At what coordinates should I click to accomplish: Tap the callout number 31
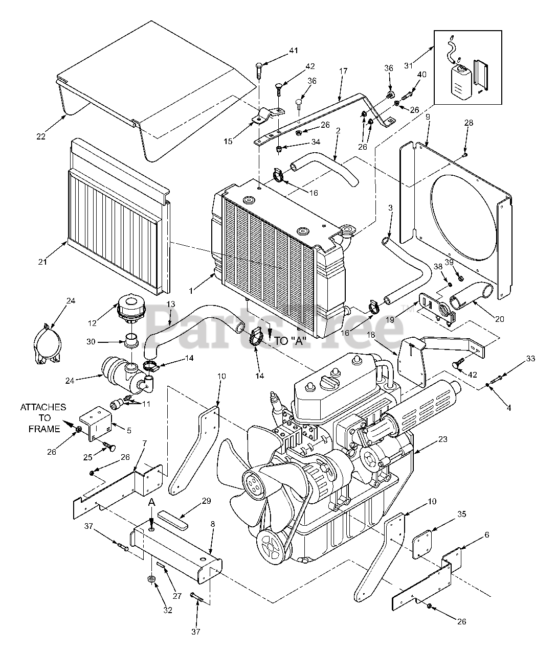[x=423, y=65]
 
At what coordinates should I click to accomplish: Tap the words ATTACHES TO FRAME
[x=43, y=418]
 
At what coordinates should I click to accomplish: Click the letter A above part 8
[x=152, y=502]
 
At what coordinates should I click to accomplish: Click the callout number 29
[x=191, y=500]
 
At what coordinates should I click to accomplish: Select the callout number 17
[x=343, y=71]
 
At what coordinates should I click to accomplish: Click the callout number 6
[x=486, y=534]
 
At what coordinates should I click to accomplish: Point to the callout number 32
[x=168, y=610]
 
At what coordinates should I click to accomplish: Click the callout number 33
[x=530, y=359]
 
